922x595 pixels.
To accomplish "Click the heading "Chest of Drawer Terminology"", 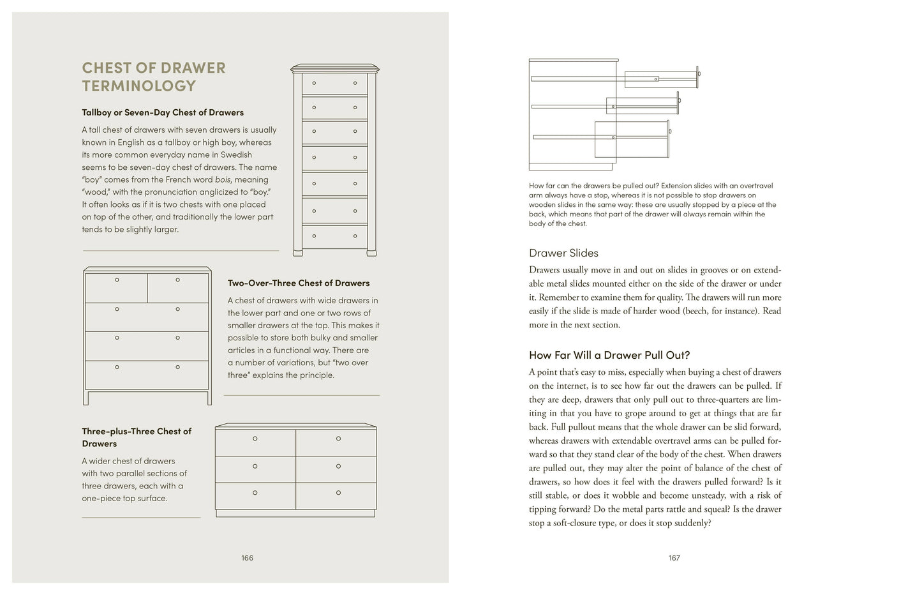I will pos(154,77).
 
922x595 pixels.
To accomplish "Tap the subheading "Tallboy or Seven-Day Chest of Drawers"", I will pos(163,112).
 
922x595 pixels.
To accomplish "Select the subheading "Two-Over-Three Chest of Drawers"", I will pos(299,283).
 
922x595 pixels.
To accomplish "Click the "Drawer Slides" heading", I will pos(563,253).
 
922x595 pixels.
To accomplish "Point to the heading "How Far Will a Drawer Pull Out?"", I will pos(609,355).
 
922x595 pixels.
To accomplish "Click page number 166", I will pos(248,558).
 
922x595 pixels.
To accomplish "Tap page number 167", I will pos(674,558).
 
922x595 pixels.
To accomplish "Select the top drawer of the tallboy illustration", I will pos(334,83).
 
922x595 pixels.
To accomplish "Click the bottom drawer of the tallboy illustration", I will pos(334,236).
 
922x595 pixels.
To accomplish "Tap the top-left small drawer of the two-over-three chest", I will pos(116,287).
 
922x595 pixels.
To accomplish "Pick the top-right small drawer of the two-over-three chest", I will pos(178,287).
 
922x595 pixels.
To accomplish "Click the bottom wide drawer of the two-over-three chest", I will pos(147,375).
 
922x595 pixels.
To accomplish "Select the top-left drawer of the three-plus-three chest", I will pos(255,442).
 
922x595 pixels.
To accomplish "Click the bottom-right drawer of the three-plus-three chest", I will pos(336,495).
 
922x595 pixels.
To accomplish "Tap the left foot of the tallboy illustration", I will pos(297,253).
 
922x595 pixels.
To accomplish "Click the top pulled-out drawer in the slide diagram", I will pos(661,79).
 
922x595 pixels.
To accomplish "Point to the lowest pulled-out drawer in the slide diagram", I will pos(632,139).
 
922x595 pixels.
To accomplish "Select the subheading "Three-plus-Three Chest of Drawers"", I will pos(137,437).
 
